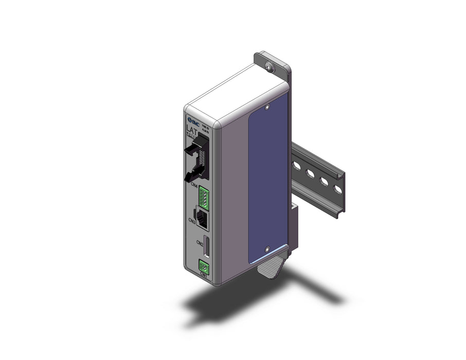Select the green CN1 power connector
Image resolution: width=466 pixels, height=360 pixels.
(x=204, y=266)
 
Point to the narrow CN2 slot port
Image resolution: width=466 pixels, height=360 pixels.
(x=207, y=247)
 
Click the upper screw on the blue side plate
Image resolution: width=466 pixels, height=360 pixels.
(x=267, y=107)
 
